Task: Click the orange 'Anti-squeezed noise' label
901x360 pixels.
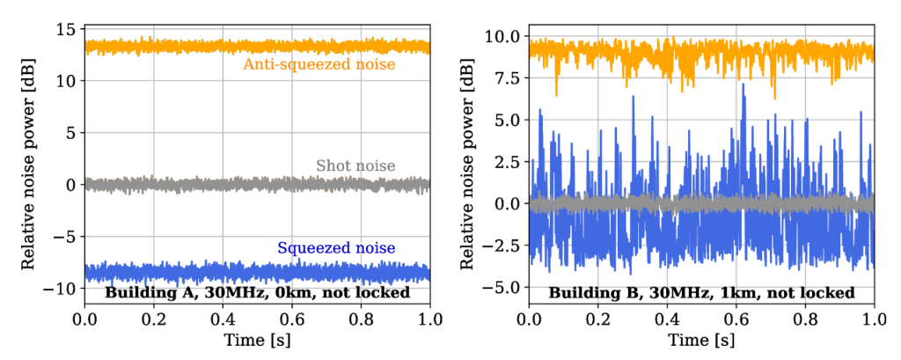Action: pyautogui.click(x=319, y=64)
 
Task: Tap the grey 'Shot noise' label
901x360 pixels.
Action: pyautogui.click(x=355, y=165)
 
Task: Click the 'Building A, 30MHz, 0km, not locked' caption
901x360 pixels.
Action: pyautogui.click(x=258, y=292)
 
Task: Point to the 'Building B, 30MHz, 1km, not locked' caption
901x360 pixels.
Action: pyautogui.click(x=700, y=292)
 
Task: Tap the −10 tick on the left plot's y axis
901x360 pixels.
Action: pyautogui.click(x=62, y=289)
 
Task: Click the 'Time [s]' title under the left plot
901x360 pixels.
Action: pyautogui.click(x=257, y=340)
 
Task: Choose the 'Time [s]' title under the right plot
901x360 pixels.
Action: pyautogui.click(x=701, y=340)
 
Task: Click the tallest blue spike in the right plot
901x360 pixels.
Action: pyautogui.click(x=744, y=85)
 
